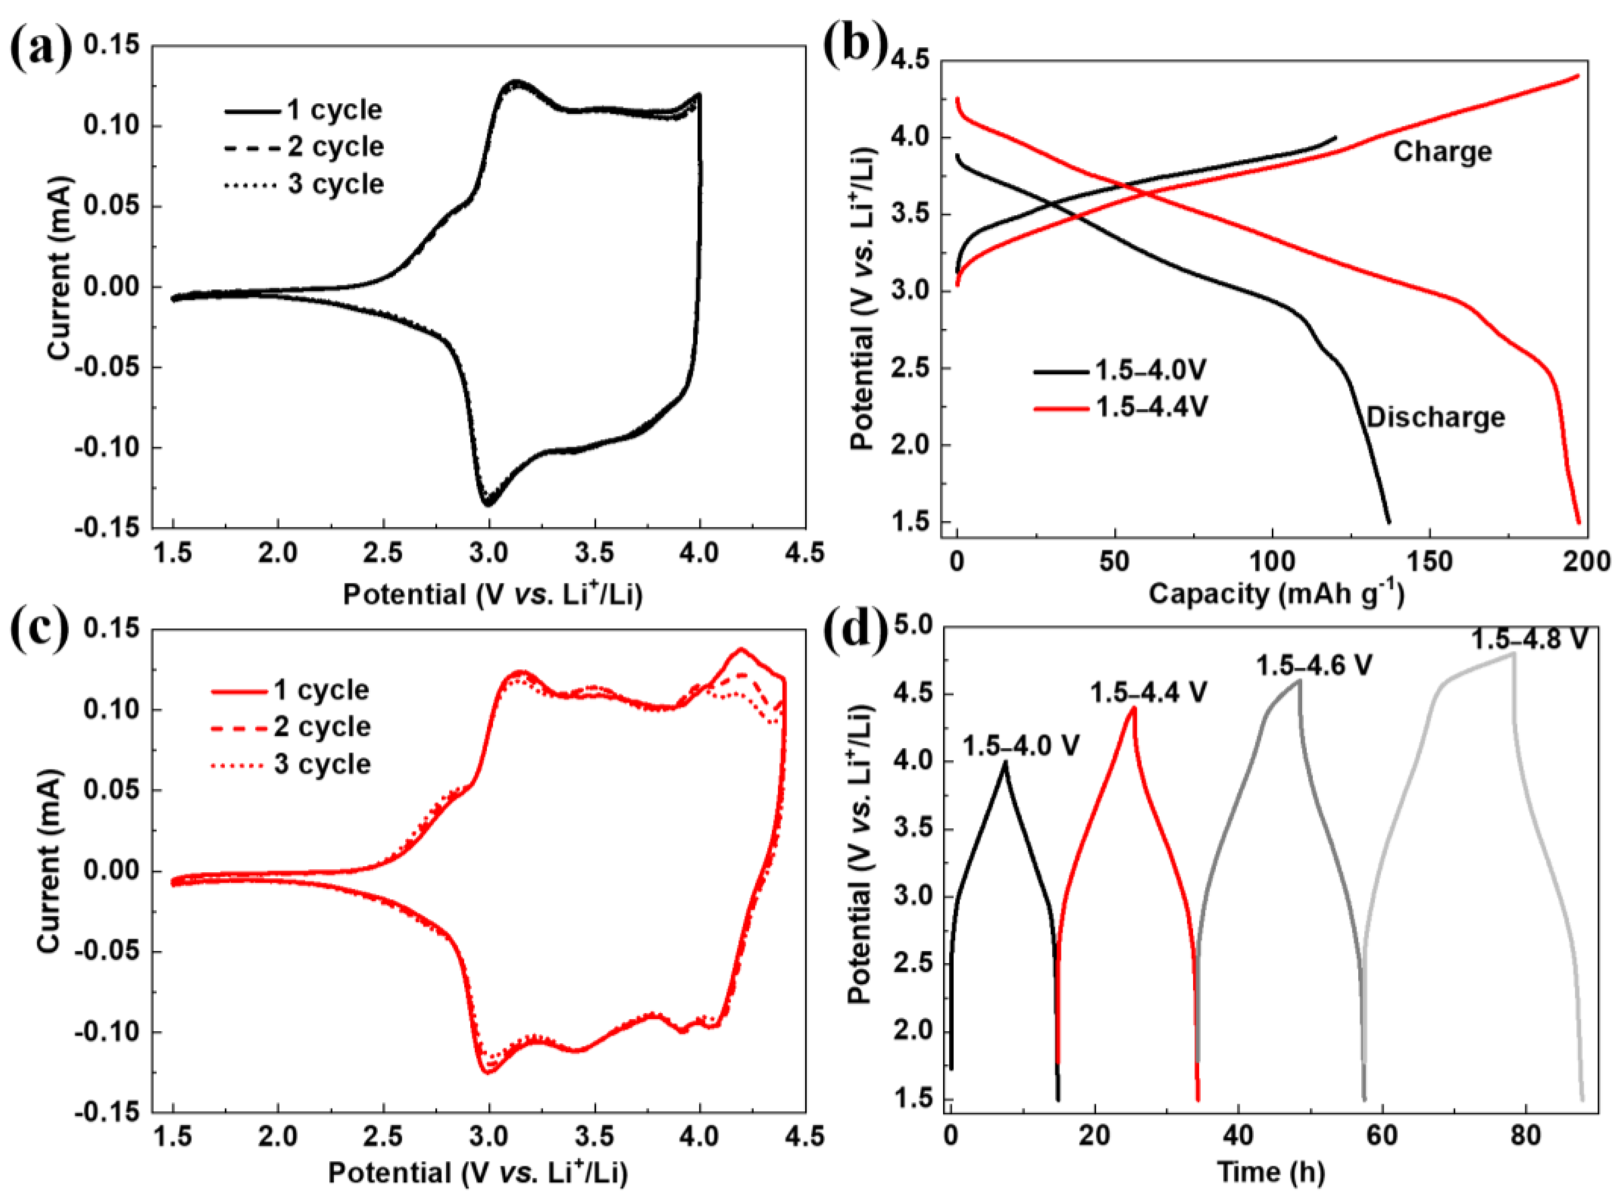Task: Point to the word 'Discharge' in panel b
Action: [1435, 417]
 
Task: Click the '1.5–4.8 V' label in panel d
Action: [1529, 639]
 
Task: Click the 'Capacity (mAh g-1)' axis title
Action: [1276, 594]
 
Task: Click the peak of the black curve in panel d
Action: [1004, 762]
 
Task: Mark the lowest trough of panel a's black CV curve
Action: [488, 504]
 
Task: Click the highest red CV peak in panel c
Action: [740, 649]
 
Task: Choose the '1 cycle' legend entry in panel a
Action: [333, 110]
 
